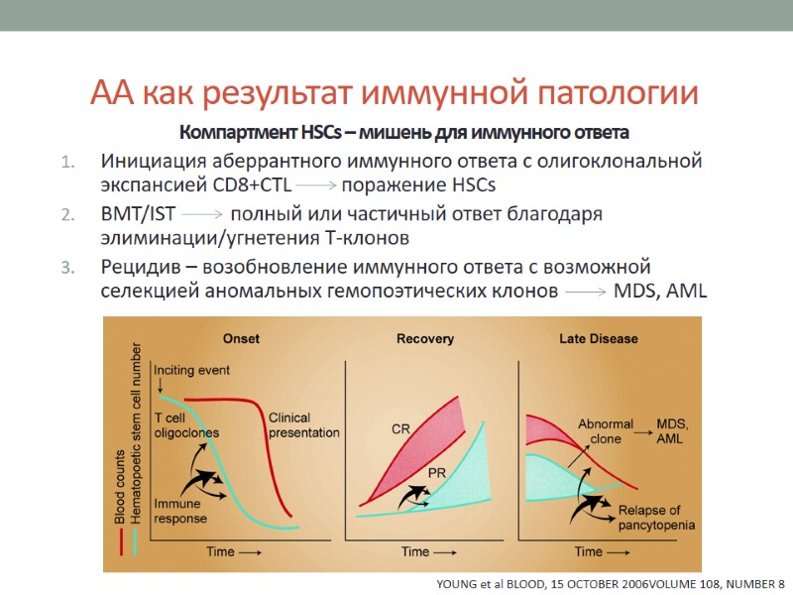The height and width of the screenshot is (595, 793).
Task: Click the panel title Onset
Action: (x=241, y=339)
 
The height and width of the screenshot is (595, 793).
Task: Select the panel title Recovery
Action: (x=425, y=339)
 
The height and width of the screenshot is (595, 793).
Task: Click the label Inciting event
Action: (x=192, y=370)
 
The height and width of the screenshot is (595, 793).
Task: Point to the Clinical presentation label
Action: (x=303, y=424)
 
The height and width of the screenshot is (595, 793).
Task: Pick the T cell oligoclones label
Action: (x=186, y=424)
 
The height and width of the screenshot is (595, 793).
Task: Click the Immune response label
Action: (x=180, y=511)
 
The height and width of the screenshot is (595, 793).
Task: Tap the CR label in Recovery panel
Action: (x=401, y=428)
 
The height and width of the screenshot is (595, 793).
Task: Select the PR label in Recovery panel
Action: (x=436, y=474)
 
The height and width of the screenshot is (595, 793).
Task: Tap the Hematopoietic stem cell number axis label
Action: (x=137, y=434)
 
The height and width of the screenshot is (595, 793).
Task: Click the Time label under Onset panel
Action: (x=229, y=551)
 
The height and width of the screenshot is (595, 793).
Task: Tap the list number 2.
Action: (x=67, y=214)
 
